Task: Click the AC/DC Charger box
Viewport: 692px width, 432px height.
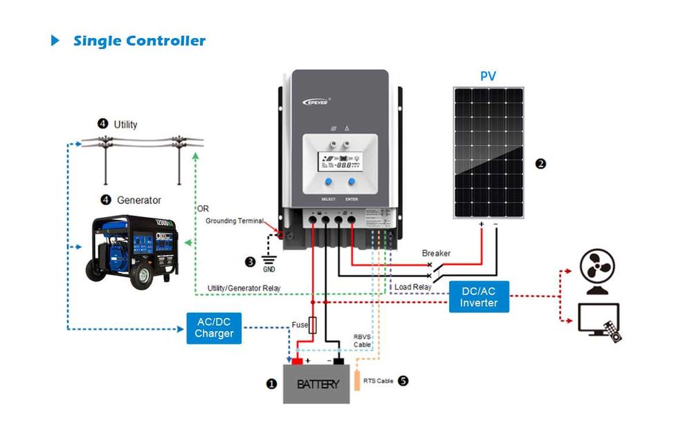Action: coord(214,328)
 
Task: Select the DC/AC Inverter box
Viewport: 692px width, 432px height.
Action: coord(478,297)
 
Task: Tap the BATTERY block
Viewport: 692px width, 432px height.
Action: coord(318,384)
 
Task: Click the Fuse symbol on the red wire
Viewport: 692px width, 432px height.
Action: coord(313,325)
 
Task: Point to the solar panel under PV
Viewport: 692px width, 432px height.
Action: coord(488,152)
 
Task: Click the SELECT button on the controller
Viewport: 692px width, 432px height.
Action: coord(328,182)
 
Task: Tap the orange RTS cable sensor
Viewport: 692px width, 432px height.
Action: coord(357,381)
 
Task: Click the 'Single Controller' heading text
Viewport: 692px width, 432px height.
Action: coord(139,41)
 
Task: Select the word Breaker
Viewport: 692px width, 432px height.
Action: coord(436,254)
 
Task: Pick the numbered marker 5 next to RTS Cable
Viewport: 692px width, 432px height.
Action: coord(403,381)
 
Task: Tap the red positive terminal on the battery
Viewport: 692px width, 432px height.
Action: coord(297,361)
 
